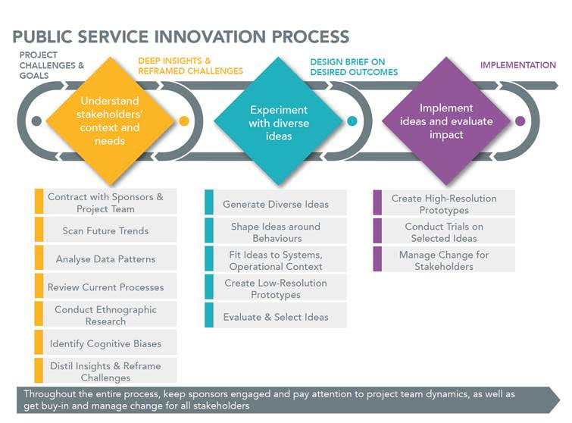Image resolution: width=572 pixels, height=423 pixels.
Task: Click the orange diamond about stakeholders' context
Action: [110, 121]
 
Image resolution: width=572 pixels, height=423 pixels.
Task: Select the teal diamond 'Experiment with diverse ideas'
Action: [278, 121]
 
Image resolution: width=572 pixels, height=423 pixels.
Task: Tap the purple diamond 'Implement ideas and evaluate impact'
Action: [446, 121]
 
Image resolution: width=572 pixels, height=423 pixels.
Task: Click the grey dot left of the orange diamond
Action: [36, 121]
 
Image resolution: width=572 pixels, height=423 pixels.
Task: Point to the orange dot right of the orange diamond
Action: [184, 121]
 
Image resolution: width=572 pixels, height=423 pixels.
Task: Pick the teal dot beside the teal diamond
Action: [352, 121]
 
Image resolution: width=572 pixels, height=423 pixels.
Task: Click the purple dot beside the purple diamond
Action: [520, 121]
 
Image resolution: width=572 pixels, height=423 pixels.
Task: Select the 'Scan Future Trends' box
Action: [106, 230]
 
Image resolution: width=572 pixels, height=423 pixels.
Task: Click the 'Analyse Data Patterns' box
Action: [106, 258]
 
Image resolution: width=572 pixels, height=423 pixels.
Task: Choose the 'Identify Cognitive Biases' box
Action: [106, 343]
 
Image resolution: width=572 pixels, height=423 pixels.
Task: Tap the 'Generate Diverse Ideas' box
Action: [276, 202]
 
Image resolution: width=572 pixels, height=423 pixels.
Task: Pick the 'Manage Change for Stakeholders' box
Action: [444, 259]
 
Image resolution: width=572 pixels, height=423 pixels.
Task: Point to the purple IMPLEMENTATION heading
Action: [518, 65]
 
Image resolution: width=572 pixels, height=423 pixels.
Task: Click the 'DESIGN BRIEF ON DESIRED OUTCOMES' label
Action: [354, 67]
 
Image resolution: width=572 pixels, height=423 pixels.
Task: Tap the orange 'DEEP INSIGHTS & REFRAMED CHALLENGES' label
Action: [190, 66]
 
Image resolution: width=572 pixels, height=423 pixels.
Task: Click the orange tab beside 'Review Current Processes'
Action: [39, 286]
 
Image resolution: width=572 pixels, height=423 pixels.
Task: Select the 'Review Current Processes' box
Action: [106, 286]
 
